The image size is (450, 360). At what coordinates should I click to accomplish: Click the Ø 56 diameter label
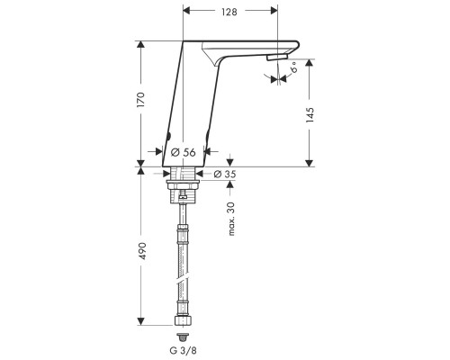pos(183,152)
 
